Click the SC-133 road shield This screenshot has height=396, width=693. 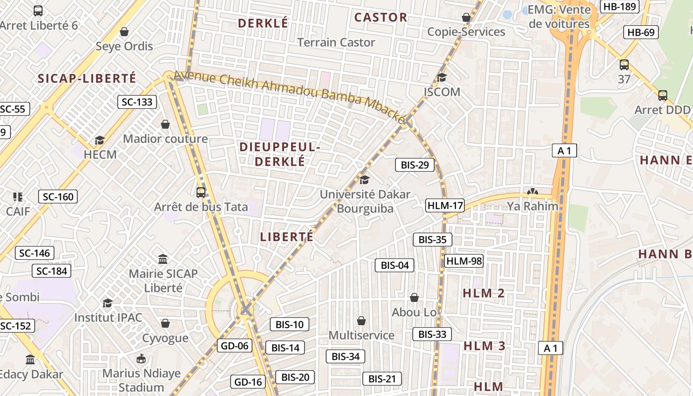coord(137,102)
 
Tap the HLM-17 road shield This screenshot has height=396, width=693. coord(445,205)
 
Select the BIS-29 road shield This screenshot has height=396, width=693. coord(415,165)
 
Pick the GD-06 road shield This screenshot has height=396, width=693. coord(235,346)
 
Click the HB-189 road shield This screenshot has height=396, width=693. coord(619,6)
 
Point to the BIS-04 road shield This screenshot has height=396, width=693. coord(395,265)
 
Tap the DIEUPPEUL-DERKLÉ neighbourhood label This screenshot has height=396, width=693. coord(280,154)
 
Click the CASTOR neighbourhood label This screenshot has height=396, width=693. coord(381,17)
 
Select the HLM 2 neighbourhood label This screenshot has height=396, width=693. coord(484,293)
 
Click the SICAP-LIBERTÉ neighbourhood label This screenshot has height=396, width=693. coord(87,78)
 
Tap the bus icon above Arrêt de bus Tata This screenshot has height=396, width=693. coord(201,193)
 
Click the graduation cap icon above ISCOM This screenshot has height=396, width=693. coord(442,77)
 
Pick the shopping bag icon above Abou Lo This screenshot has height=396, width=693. coord(414,297)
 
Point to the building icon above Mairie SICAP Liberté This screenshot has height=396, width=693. coord(163,259)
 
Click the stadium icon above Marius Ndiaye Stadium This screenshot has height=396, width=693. coord(141,358)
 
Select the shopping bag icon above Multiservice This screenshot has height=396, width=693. coord(361,321)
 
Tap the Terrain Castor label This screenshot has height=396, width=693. coord(336,43)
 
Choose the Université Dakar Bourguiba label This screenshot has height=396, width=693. coord(365,201)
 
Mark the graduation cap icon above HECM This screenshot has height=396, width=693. coord(100,140)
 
